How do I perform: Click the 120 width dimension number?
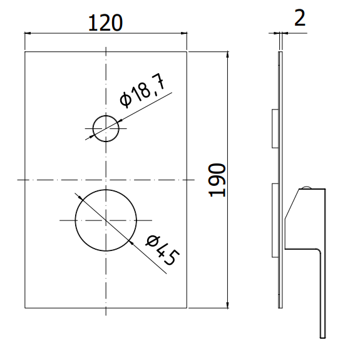point(105,23)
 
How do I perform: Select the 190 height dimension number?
point(217,180)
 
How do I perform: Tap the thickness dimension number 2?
point(300,18)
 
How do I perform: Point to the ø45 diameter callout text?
point(163,250)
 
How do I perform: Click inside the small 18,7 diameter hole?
point(106,128)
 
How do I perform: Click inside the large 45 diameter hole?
point(106,220)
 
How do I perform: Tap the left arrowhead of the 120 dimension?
point(28,33)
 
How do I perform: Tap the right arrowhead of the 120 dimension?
point(184,33)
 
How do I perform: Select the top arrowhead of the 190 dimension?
point(227,54)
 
